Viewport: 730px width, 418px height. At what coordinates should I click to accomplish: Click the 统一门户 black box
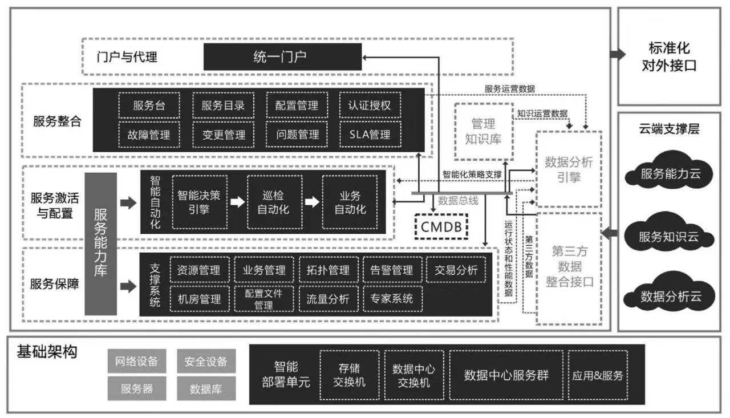point(282,57)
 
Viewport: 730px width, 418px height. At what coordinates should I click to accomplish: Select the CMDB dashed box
point(441,226)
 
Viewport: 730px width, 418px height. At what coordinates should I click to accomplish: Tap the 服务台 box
point(149,105)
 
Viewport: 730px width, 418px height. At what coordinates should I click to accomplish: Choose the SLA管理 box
point(370,135)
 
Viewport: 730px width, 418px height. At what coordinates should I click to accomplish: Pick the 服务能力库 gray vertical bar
point(100,244)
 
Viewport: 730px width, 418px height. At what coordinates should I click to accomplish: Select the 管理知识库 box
point(483,131)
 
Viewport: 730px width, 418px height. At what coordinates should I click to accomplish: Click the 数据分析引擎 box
point(569,169)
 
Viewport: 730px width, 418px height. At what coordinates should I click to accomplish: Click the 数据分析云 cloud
point(669,297)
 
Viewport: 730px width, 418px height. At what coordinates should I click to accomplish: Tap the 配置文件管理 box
point(263,298)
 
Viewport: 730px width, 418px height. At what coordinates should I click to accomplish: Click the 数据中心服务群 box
point(506,375)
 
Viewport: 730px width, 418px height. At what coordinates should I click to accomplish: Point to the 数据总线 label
point(458,201)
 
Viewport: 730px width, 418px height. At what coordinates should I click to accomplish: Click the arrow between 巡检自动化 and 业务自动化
point(311,202)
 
